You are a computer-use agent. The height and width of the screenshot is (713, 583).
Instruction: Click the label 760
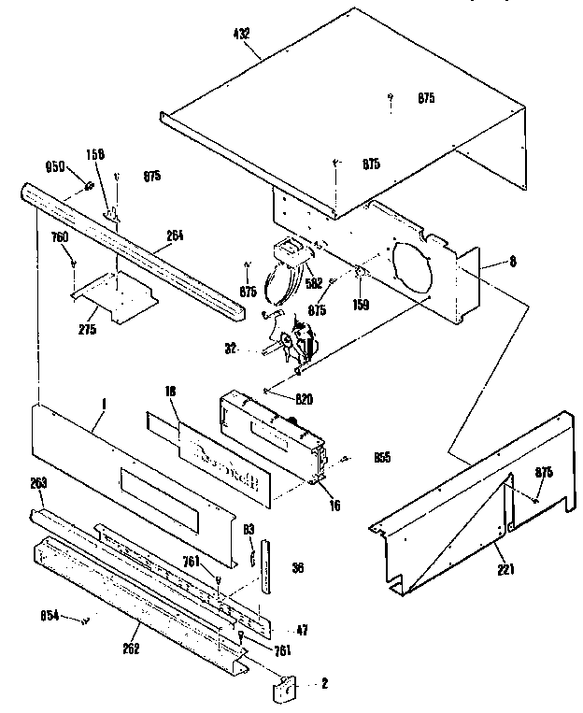[x=60, y=238]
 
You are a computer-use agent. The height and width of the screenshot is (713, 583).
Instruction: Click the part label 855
[x=381, y=458]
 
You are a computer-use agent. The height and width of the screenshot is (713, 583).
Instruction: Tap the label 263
[x=39, y=482]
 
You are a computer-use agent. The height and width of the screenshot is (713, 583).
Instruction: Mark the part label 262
[x=131, y=649]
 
